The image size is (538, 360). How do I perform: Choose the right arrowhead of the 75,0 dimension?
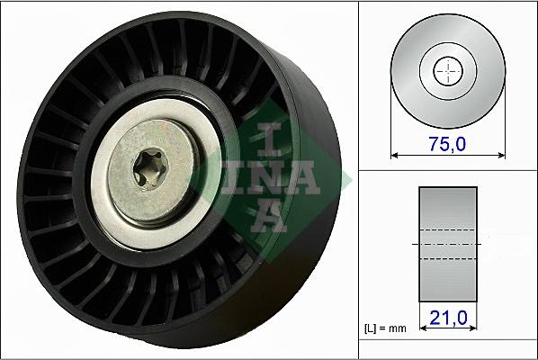[498, 155]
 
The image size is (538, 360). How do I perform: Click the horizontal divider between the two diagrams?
[447, 169]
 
